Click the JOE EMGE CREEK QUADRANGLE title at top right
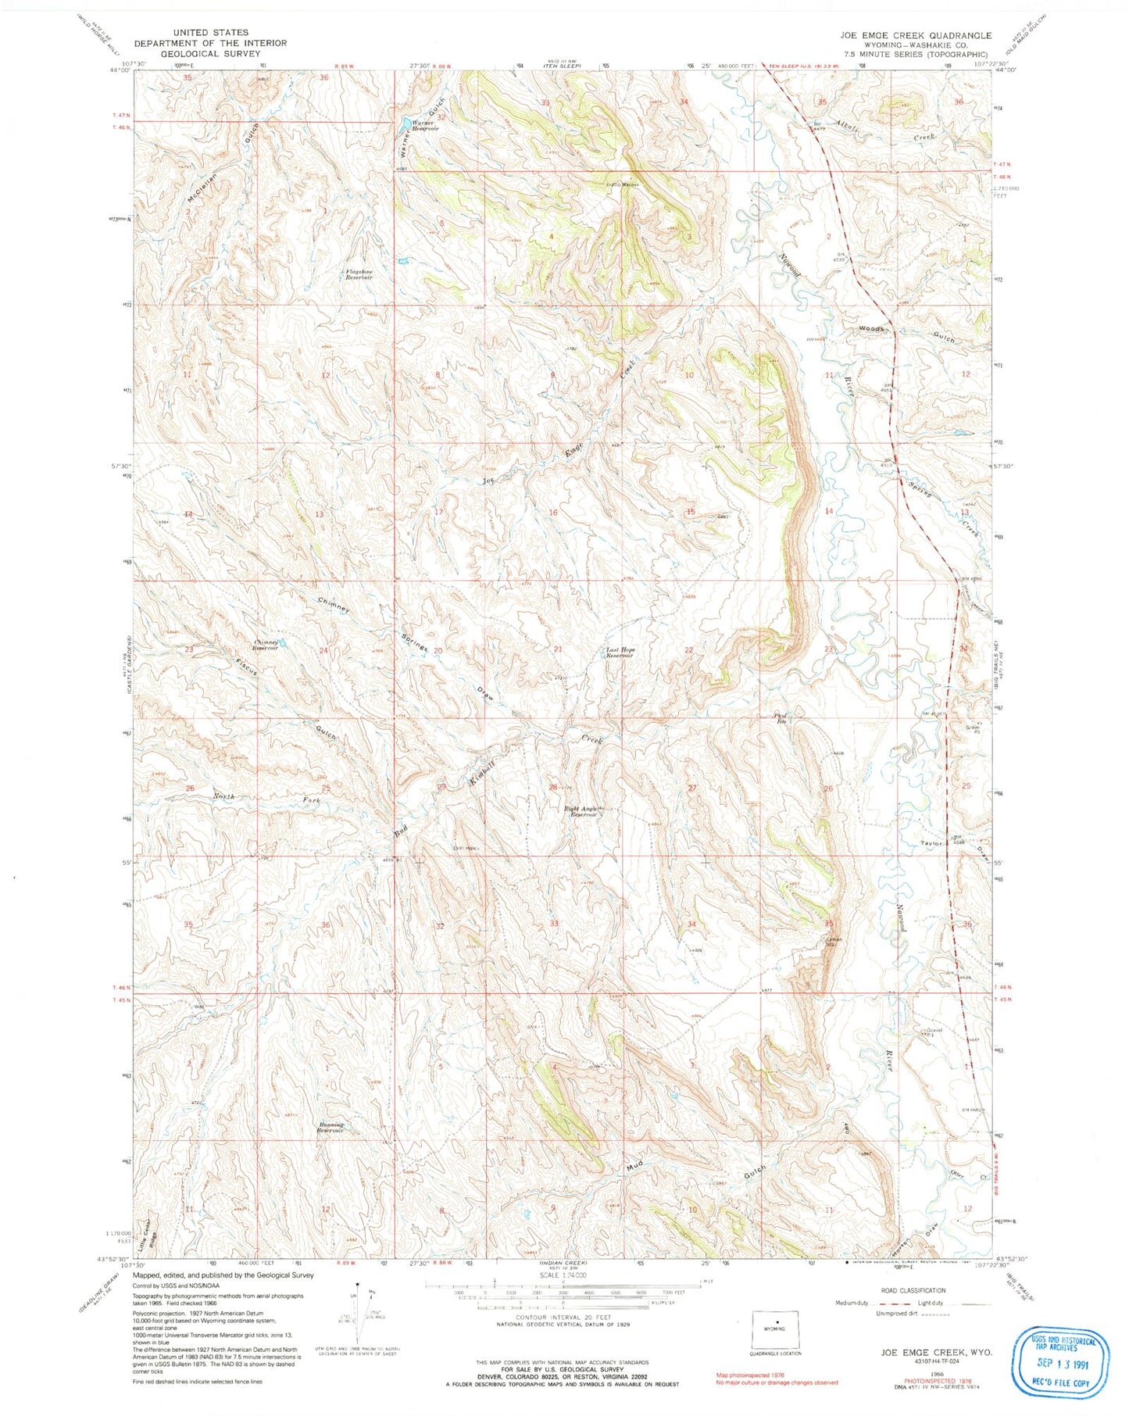coord(916,35)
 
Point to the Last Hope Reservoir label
coord(619,653)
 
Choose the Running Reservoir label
coord(330,1128)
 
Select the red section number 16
coord(552,513)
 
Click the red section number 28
coord(552,787)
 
